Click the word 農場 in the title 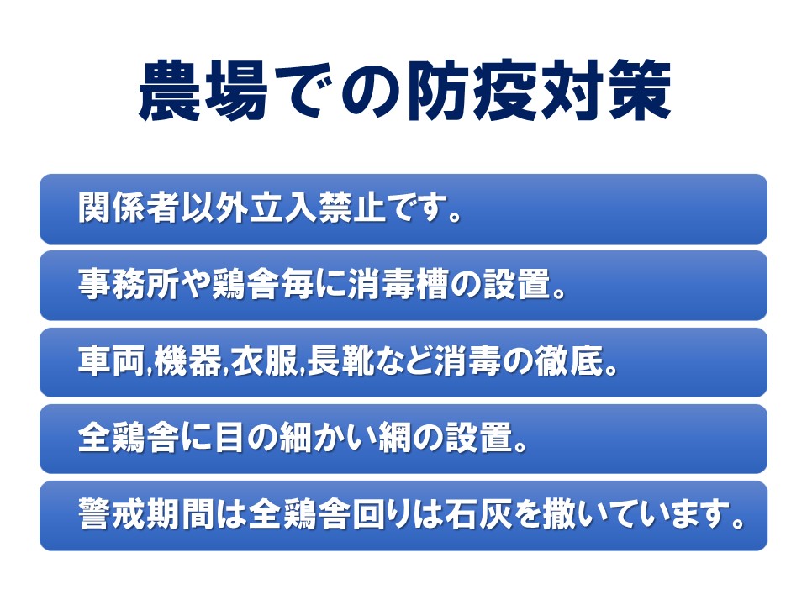pyautogui.click(x=203, y=91)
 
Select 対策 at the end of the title pyautogui.click(x=605, y=91)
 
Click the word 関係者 pyautogui.click(x=129, y=208)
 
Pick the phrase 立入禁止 pyautogui.click(x=318, y=208)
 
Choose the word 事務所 pyautogui.click(x=129, y=285)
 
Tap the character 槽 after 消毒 pyautogui.click(x=432, y=285)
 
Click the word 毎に pyautogui.click(x=313, y=285)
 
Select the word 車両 pyautogui.click(x=112, y=361)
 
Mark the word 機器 pyautogui.click(x=187, y=361)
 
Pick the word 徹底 pyautogui.click(x=568, y=361)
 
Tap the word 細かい pyautogui.click(x=327, y=437)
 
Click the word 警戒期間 pyautogui.click(x=145, y=514)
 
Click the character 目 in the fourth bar pyautogui.click(x=229, y=437)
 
